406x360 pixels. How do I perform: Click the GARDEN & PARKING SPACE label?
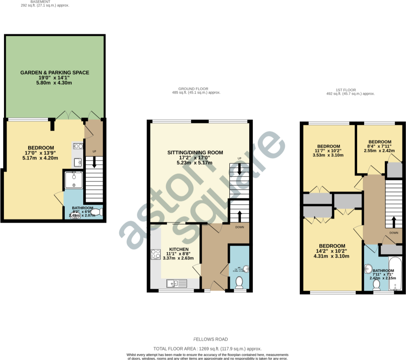point(55,72)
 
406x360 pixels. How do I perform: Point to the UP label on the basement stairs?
point(94,152)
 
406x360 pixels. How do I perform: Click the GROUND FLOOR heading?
point(196,89)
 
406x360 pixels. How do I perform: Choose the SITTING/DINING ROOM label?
point(195,152)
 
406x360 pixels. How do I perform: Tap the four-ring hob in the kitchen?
point(156,254)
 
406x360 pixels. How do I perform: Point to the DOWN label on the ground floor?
point(240,227)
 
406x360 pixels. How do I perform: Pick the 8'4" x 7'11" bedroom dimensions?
point(379,146)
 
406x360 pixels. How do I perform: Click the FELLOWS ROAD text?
point(211,339)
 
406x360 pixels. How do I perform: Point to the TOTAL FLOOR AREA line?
point(207,349)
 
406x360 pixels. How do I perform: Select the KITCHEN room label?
point(178,249)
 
